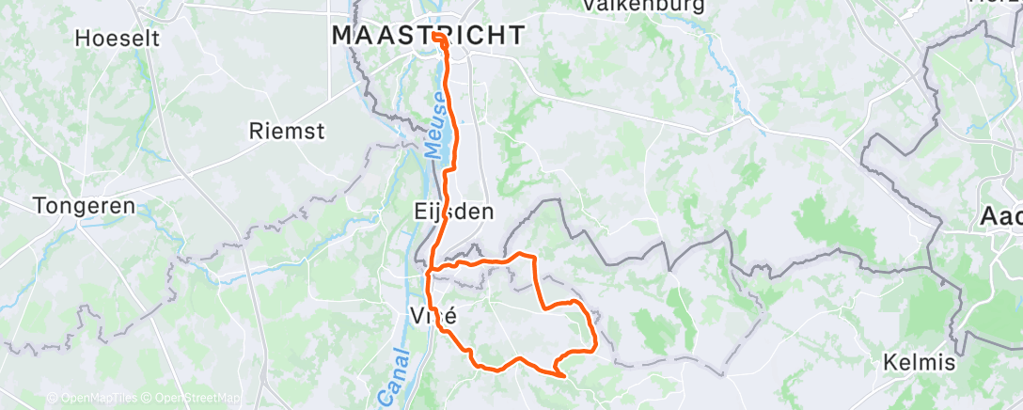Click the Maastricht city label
428,36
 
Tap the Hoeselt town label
118,39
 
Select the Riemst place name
287,131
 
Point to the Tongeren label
79,204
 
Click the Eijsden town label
453,212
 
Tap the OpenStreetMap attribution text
199,398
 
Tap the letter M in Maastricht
343,36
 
